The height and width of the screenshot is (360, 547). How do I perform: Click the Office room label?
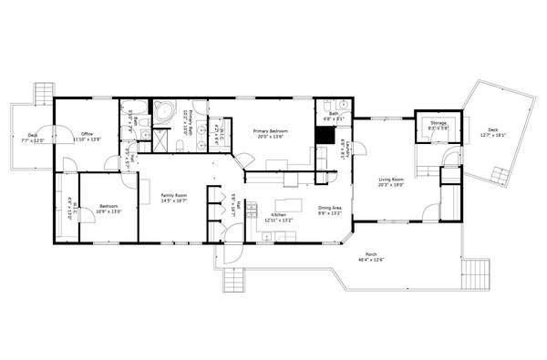[x=88, y=137]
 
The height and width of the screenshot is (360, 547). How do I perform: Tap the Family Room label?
[x=174, y=199]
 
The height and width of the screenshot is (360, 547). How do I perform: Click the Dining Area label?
[x=330, y=211]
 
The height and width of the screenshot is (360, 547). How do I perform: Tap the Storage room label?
[x=439, y=127]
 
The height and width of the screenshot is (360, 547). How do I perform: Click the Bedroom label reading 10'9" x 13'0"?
[x=108, y=209]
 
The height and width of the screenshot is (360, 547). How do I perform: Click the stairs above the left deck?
[x=41, y=93]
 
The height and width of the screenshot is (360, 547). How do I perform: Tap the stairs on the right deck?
[x=499, y=173]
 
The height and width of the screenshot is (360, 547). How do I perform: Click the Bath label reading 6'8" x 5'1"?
[x=330, y=117]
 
